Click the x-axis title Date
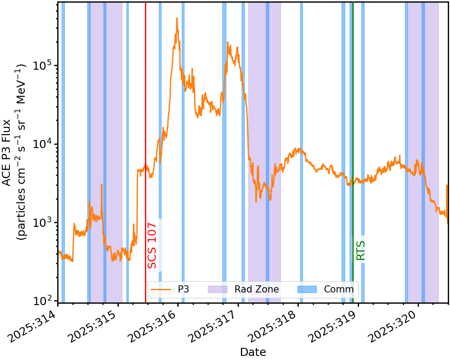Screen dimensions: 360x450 coord(253,352)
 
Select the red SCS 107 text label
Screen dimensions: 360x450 coord(153,245)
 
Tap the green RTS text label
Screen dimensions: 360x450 coord(360,250)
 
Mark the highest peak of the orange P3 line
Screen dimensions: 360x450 coord(177,18)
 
